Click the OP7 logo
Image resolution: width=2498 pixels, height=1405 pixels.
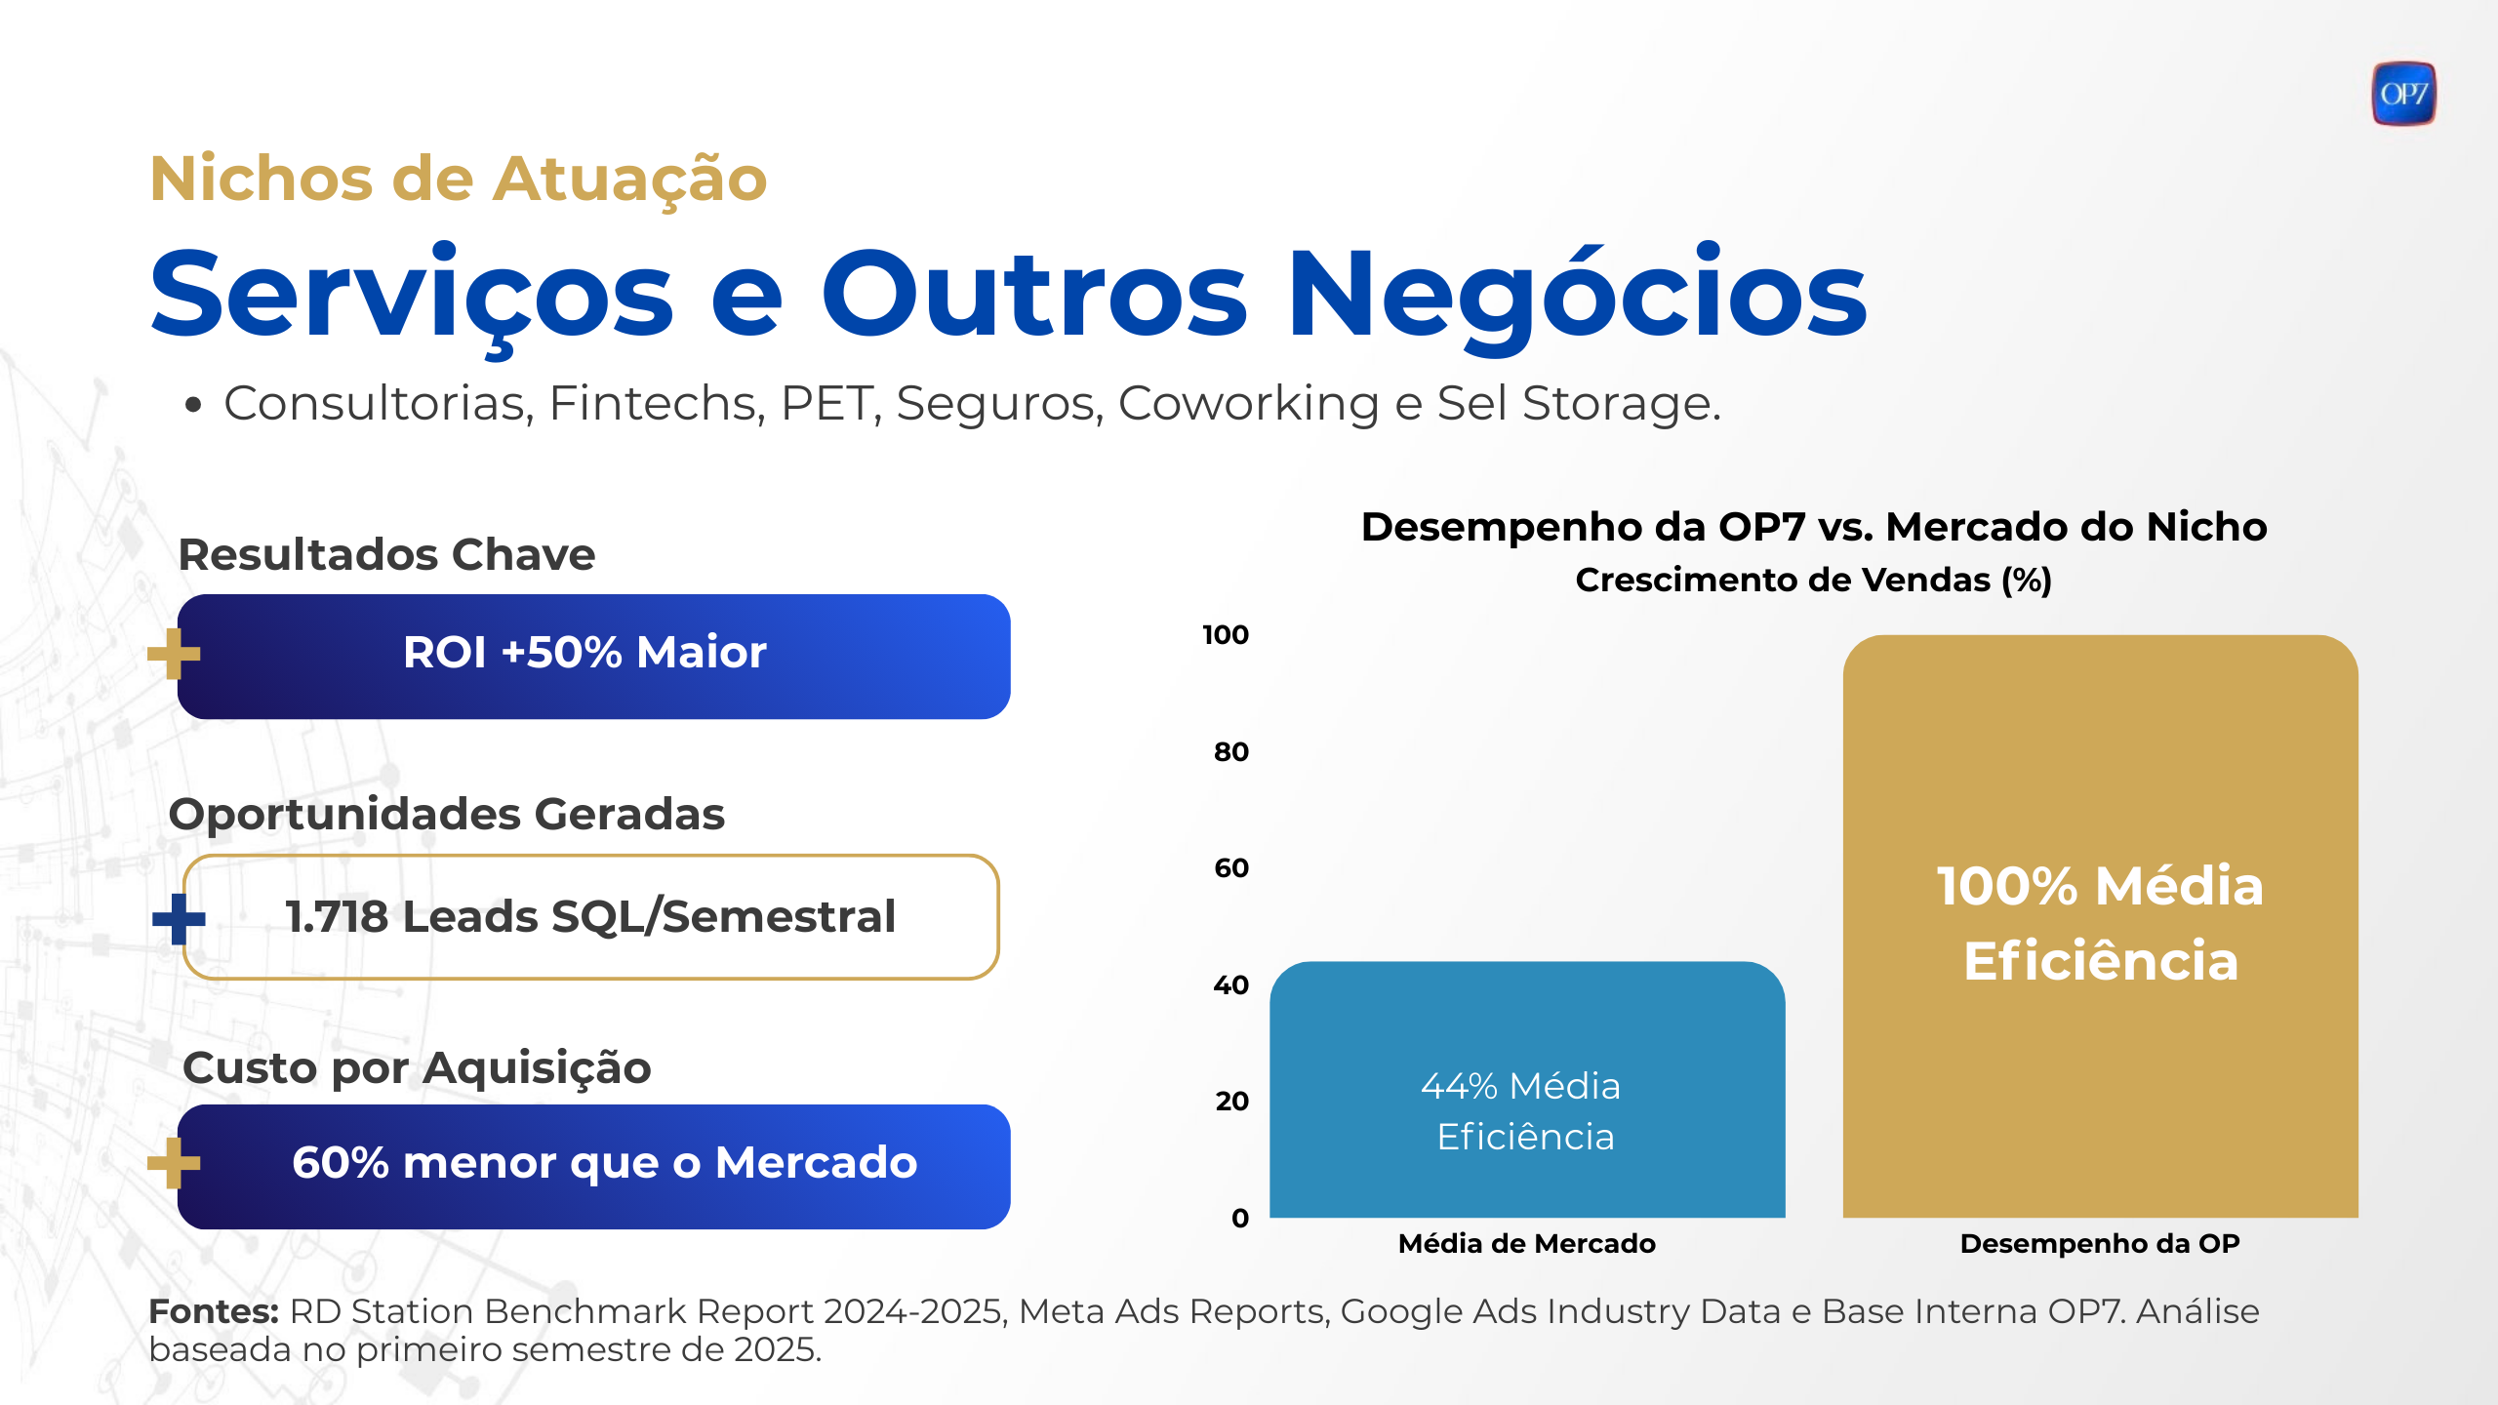[x=2403, y=94]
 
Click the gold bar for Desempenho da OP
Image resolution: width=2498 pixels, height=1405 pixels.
[x=2100, y=926]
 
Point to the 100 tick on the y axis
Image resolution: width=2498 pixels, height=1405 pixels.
[x=1226, y=635]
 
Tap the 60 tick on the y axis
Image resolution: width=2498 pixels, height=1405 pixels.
[x=1231, y=868]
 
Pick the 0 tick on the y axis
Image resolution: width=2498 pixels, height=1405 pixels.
[x=1240, y=1218]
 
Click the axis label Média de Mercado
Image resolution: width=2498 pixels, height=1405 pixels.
[x=1526, y=1244]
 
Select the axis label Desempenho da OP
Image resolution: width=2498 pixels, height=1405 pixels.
[x=2100, y=1244]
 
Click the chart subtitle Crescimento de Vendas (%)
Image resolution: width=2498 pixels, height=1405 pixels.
[x=1813, y=581]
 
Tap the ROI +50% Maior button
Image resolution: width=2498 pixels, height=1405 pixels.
[x=593, y=657]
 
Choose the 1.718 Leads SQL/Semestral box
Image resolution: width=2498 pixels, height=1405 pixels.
[x=590, y=917]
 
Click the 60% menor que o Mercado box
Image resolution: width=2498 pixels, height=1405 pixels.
[x=593, y=1166]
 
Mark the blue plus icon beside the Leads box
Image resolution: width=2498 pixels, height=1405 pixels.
[x=179, y=919]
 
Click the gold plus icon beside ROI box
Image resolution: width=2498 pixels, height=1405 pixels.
[x=174, y=654]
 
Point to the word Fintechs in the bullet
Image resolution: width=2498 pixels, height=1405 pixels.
[x=656, y=404]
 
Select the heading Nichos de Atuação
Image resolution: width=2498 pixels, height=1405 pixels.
[x=459, y=180]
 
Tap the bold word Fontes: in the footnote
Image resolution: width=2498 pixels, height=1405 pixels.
[x=214, y=1312]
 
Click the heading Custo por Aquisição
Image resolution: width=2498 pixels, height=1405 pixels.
[x=417, y=1068]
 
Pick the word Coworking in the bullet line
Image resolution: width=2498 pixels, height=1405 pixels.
[x=1248, y=404]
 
